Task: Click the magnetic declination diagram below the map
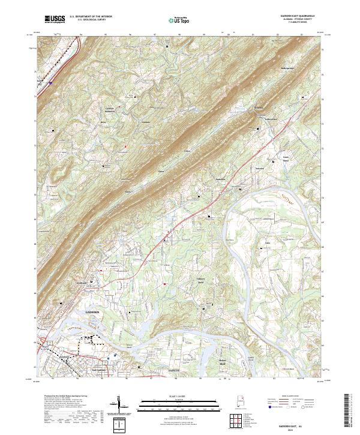(x=123, y=405)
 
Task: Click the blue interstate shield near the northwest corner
(x=51, y=83)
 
